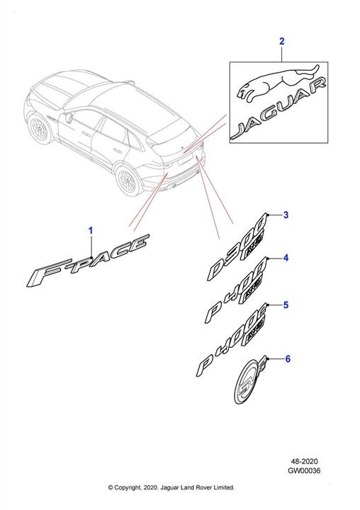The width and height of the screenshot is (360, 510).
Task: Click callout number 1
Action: (x=91, y=231)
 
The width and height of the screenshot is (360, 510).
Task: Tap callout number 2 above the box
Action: (x=282, y=41)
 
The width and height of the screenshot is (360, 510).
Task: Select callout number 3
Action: (x=286, y=215)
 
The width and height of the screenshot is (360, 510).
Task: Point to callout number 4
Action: (x=286, y=258)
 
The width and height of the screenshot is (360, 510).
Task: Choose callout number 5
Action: (x=286, y=305)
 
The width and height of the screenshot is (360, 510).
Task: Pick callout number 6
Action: (x=288, y=358)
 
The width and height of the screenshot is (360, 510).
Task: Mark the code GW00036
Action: (x=304, y=470)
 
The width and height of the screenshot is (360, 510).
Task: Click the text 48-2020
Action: (x=304, y=461)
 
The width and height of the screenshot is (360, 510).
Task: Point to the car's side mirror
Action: (x=69, y=118)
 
